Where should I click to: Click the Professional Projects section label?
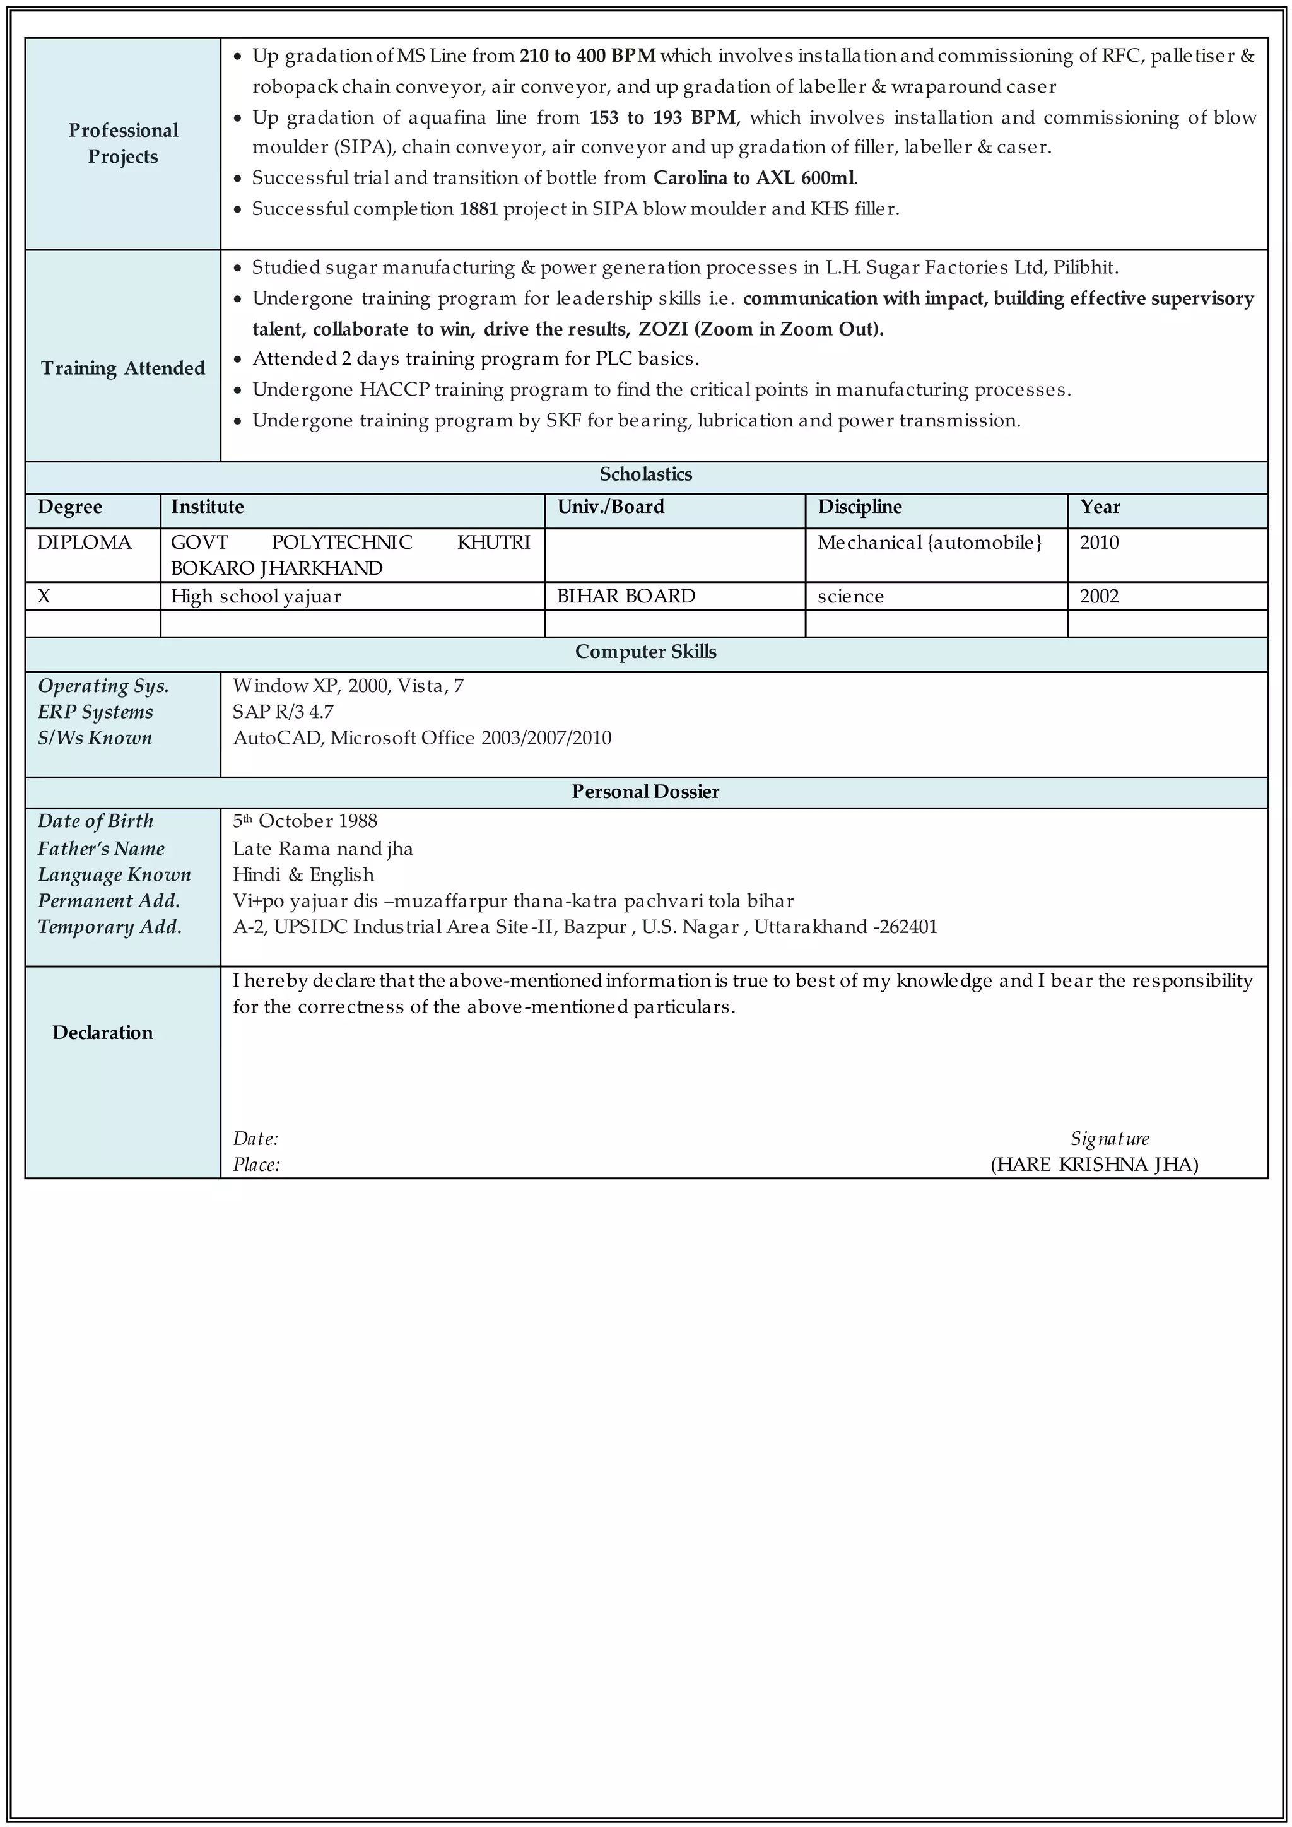click(123, 143)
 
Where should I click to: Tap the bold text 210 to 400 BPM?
click(587, 56)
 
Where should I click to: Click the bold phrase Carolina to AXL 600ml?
click(755, 177)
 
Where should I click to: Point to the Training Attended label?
click(123, 368)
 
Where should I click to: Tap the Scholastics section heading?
click(645, 474)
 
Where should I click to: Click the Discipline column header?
click(859, 507)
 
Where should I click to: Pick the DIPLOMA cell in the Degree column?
click(85, 543)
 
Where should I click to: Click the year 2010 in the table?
click(1099, 543)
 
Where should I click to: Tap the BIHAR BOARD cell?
click(625, 596)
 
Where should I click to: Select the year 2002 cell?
click(1099, 596)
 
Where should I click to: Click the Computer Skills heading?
click(645, 652)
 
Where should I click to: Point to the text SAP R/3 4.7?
click(283, 712)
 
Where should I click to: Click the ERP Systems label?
click(95, 712)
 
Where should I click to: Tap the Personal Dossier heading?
click(645, 792)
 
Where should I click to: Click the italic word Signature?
click(1109, 1139)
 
